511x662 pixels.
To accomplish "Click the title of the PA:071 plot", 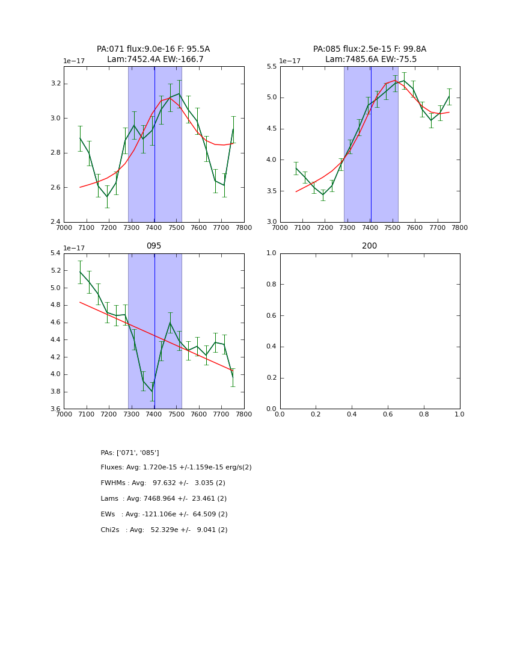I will [153, 54].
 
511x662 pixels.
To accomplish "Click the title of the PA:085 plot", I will [370, 54].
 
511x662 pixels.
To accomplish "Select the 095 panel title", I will [153, 246].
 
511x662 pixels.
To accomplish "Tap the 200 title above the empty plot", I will [370, 246].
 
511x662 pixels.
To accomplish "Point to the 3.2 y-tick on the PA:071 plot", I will [55, 84].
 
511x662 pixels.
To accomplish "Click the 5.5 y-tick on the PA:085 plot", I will [271, 67].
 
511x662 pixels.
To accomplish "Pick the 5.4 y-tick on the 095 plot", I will [55, 253].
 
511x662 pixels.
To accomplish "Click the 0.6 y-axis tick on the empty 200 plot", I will [271, 315].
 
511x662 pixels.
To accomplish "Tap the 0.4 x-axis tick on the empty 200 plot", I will [352, 414].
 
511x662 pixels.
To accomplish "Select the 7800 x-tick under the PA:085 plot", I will [459, 227].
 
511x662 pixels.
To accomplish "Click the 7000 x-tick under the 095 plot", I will [64, 414].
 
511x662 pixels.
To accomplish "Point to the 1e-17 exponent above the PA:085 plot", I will [290, 61].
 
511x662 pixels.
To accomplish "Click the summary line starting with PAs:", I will [130, 453].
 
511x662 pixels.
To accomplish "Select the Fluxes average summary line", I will [176, 468].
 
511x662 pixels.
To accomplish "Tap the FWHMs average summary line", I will [163, 483].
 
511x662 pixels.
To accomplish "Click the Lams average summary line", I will [164, 499].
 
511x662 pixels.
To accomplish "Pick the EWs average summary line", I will [164, 515].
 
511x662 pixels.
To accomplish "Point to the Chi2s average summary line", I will [164, 530].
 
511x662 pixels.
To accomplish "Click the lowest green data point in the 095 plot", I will [152, 391].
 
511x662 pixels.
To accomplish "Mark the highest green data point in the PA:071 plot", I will [179, 93].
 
